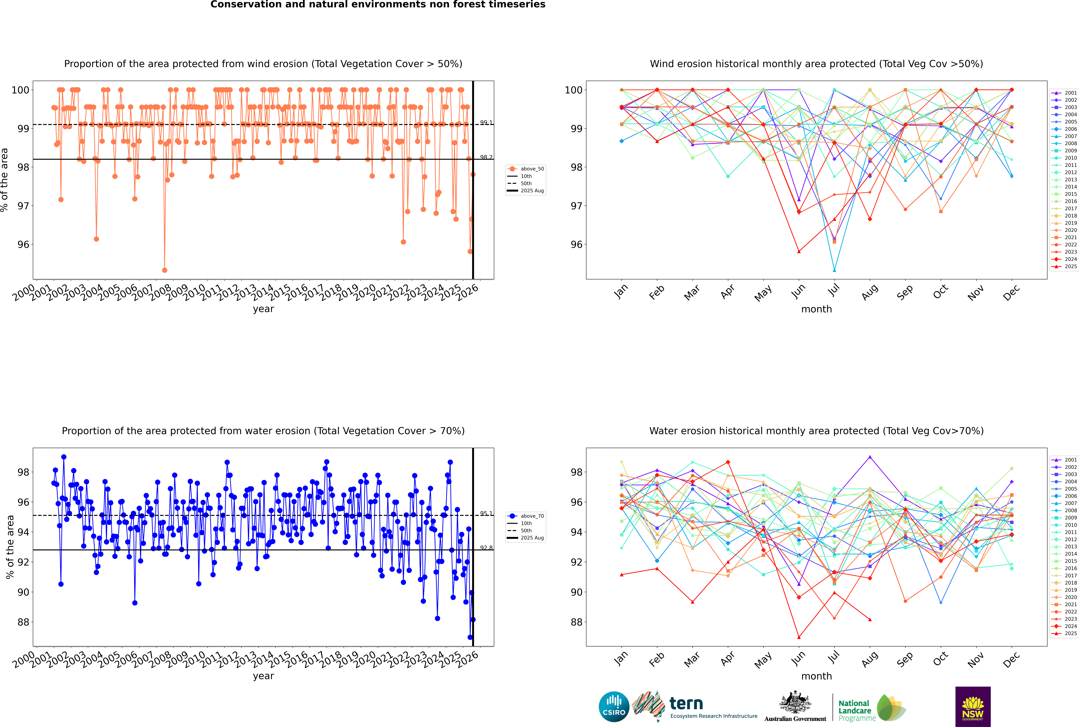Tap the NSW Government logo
973,706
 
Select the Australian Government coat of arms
795,702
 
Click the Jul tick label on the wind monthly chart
834,291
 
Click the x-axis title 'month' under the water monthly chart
816,676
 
